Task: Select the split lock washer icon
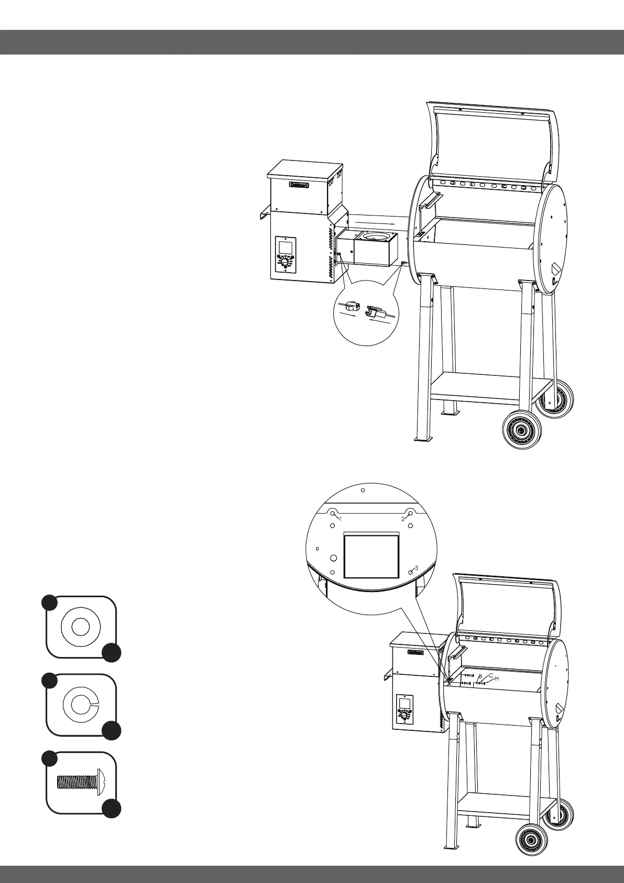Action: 80,704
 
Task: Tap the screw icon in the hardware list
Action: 82,782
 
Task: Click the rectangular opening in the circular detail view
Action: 371,556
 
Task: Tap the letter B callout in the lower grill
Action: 480,676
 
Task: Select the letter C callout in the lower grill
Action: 491,675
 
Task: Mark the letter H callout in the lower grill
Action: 497,679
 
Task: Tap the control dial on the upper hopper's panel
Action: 284,263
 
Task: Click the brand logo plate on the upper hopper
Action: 299,185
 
